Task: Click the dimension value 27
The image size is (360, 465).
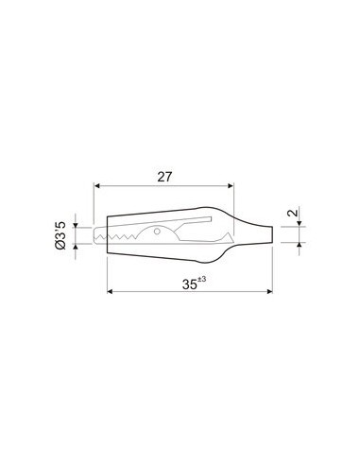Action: (x=164, y=176)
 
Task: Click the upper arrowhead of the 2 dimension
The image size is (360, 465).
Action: (x=298, y=223)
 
